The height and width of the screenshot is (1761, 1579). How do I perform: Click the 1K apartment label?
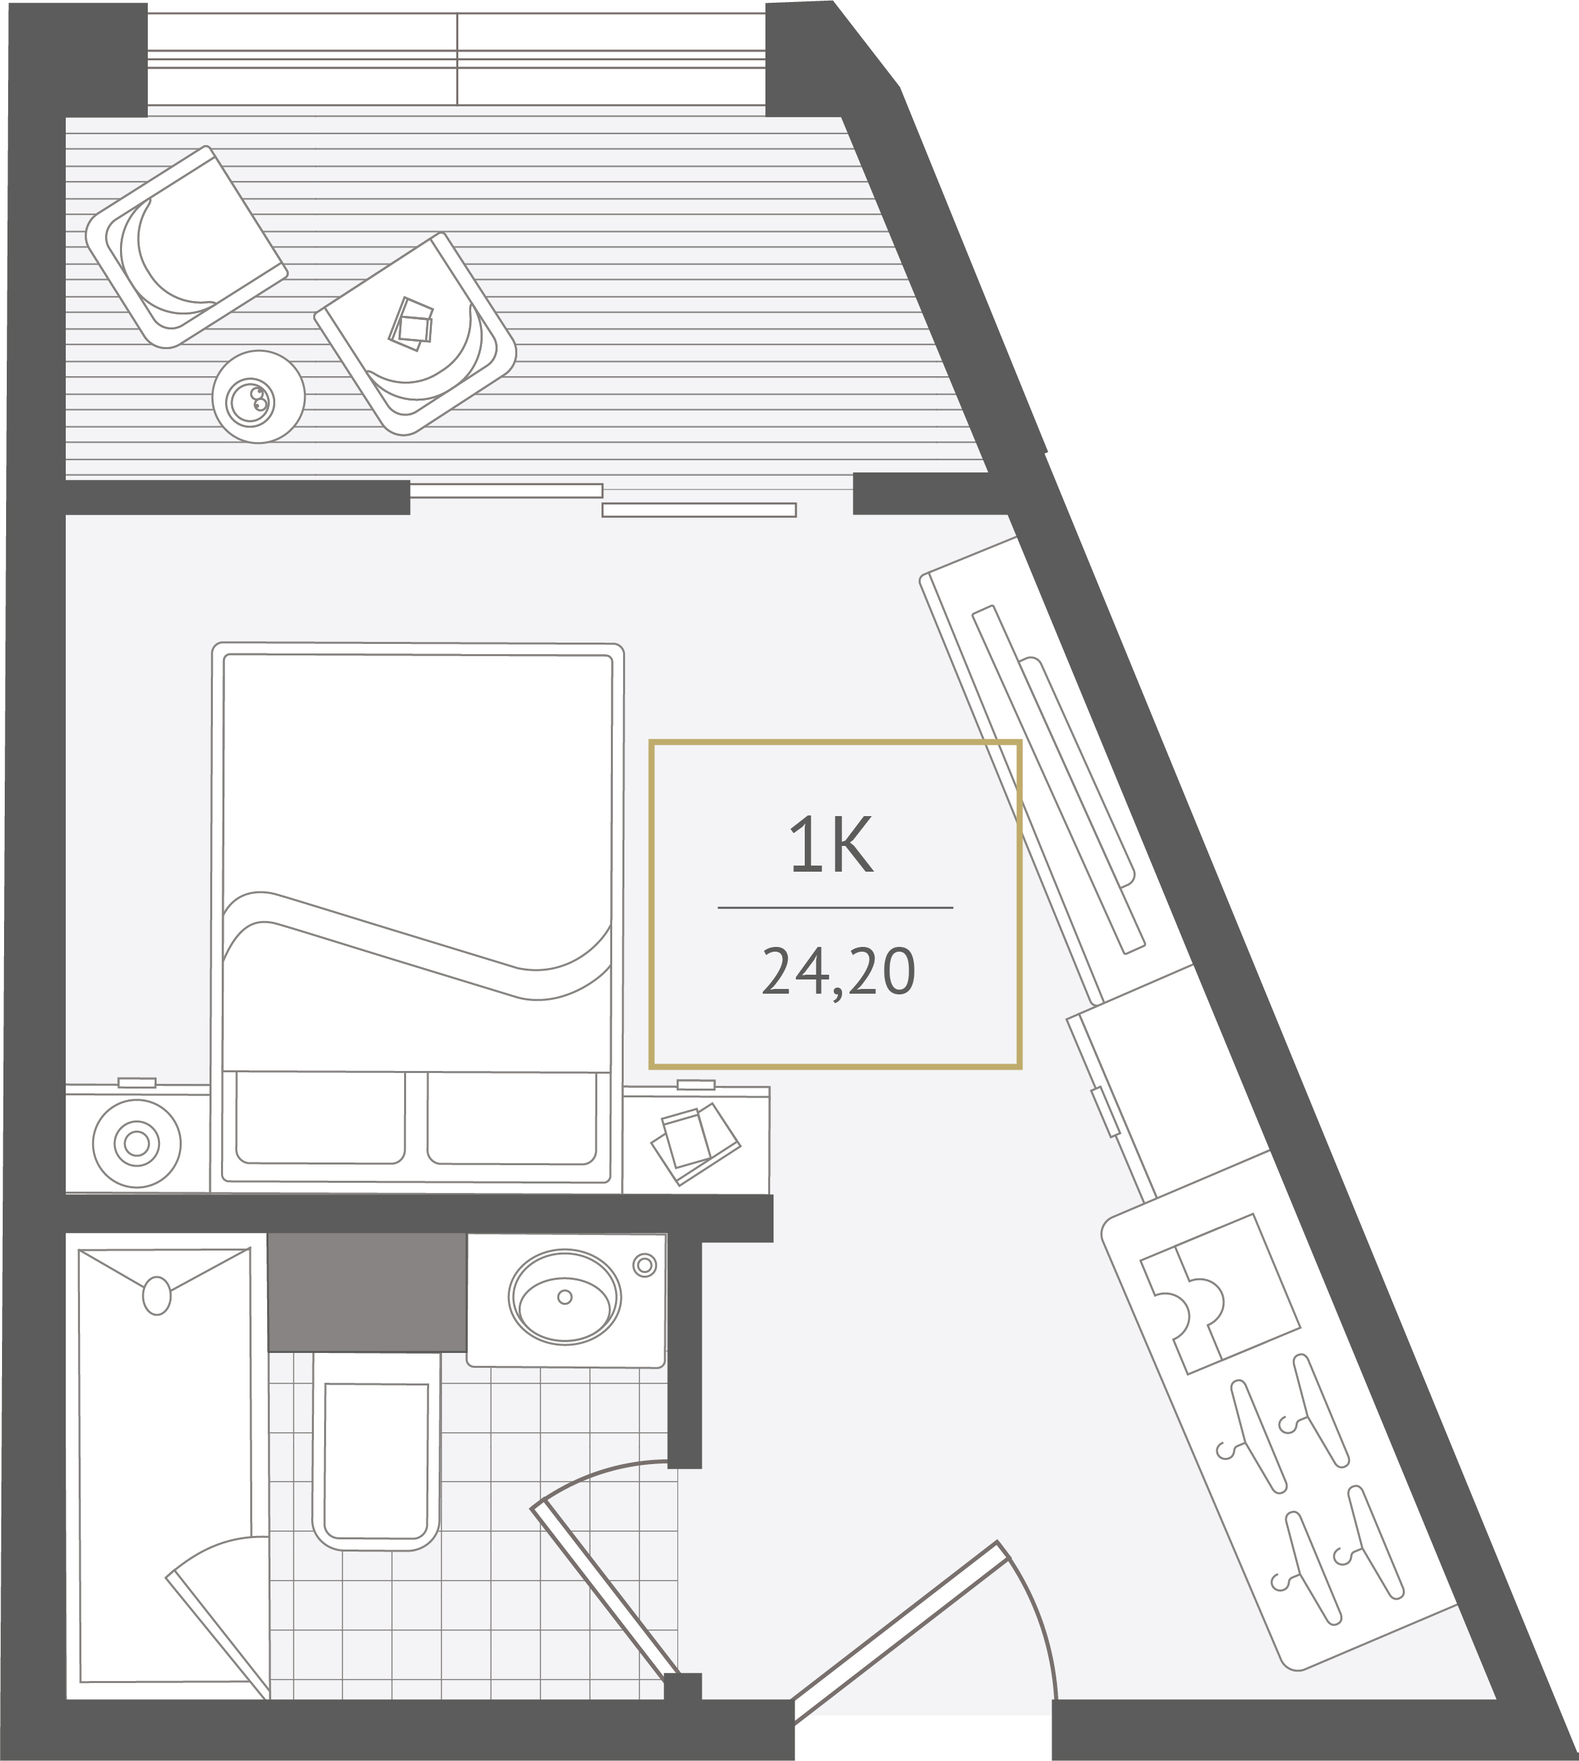pyautogui.click(x=831, y=845)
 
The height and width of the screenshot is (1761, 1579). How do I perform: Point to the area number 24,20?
pyautogui.click(x=838, y=971)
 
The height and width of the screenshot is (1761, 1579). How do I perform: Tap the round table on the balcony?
pyautogui.click(x=258, y=397)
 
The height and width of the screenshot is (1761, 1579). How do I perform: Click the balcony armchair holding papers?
pyautogui.click(x=415, y=335)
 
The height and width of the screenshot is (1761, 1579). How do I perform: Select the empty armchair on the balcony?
pyautogui.click(x=186, y=247)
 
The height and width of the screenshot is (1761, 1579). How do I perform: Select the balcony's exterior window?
pyautogui.click(x=456, y=59)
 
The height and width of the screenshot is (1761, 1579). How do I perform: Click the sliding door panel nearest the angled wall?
pyautogui.click(x=699, y=510)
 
